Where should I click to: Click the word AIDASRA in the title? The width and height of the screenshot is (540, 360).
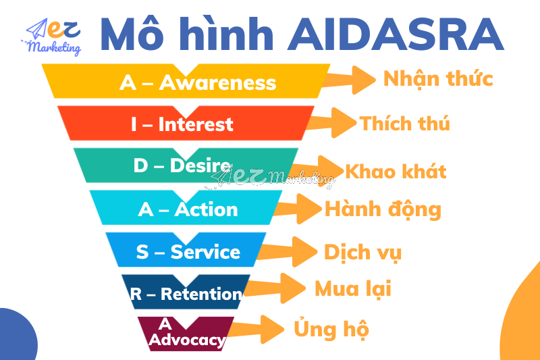coord(396,34)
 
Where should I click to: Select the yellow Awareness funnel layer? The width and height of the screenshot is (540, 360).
coord(186,82)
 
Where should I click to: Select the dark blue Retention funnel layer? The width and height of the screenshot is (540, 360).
coord(186,293)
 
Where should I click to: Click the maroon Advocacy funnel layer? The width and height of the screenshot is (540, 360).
coord(186,333)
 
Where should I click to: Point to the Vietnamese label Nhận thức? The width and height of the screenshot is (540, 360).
coord(438,79)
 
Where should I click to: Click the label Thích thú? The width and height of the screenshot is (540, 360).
coord(404,124)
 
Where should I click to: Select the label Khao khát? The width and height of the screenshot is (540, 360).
coord(396,171)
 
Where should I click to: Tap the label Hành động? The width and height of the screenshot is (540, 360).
coord(383,209)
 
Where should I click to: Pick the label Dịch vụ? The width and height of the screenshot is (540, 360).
coord(362,253)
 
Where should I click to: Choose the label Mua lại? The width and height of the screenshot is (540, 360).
coord(352,290)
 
